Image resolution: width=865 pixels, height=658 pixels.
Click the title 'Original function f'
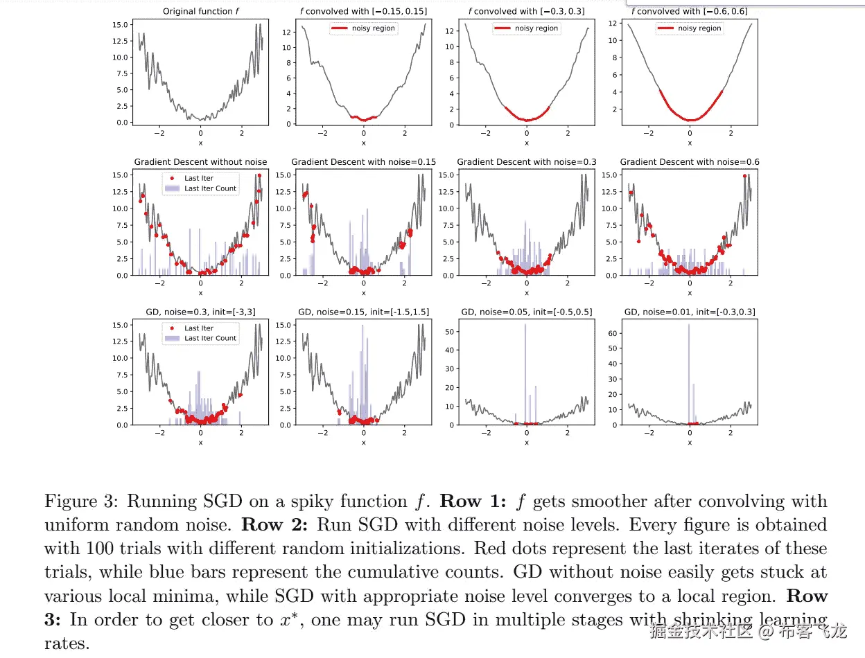pyautogui.click(x=200, y=11)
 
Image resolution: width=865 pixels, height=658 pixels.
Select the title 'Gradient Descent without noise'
pyautogui.click(x=200, y=162)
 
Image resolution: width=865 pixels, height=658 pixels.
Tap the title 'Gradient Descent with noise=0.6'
pyautogui.click(x=690, y=162)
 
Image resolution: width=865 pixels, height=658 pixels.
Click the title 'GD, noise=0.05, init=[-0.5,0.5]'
pyautogui.click(x=526, y=312)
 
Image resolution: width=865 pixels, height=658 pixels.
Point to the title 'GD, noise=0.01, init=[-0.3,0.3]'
pyautogui.click(x=690, y=312)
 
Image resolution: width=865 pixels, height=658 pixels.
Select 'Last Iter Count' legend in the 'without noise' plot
pyautogui.click(x=210, y=188)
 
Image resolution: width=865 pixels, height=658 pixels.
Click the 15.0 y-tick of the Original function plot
pyautogui.click(x=122, y=24)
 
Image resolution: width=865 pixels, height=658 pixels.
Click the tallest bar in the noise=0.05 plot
pyautogui.click(x=525, y=374)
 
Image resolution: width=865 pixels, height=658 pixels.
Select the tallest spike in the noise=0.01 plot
pyautogui.click(x=689, y=374)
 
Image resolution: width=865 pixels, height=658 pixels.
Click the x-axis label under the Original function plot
pyautogui.click(x=200, y=143)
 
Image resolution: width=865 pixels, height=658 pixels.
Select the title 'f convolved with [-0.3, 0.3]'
pyautogui.click(x=526, y=11)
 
